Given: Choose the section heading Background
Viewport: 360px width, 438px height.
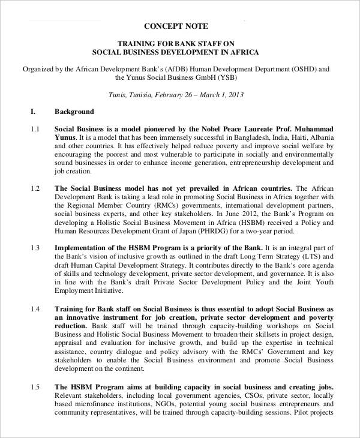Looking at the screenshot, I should coord(74,112).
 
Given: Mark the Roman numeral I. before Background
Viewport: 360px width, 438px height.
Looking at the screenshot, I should coord(34,112).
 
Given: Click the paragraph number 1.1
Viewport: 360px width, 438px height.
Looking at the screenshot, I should coord(34,129).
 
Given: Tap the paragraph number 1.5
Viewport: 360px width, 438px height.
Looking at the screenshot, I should coord(34,387).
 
